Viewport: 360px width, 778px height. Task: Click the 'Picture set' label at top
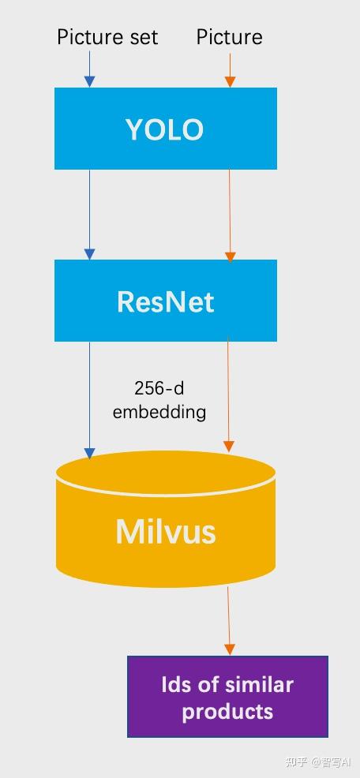107,37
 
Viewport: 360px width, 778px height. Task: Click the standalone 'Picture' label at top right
229,37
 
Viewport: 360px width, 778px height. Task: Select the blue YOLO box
165,129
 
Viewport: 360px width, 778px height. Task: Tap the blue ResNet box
165,301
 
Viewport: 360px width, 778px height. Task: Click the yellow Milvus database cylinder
165,530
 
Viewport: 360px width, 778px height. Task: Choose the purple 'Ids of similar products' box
227,697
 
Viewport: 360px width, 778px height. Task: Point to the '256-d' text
159,388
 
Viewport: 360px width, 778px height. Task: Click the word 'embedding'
159,411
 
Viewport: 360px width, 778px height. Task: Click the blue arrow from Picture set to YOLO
89,69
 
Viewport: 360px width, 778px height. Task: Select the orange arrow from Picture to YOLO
230,69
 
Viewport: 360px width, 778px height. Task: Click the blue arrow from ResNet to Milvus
89,398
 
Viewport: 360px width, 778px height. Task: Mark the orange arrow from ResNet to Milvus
229,395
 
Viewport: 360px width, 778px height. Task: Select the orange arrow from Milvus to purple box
229,620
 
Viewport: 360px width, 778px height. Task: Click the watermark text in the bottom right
317,761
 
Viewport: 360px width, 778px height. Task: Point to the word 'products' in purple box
227,711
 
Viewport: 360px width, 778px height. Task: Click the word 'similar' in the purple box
257,684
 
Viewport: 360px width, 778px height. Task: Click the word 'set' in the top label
143,37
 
